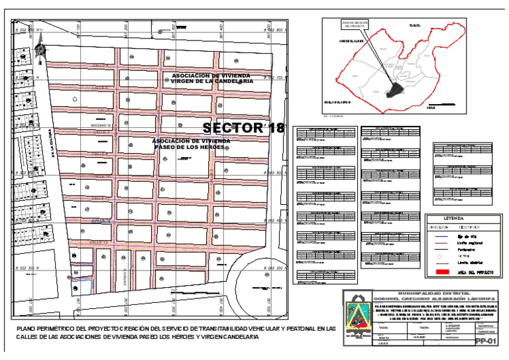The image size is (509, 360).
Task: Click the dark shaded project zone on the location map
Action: pyautogui.click(x=395, y=87)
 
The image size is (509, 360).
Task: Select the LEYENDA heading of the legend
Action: pyautogui.click(x=458, y=217)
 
